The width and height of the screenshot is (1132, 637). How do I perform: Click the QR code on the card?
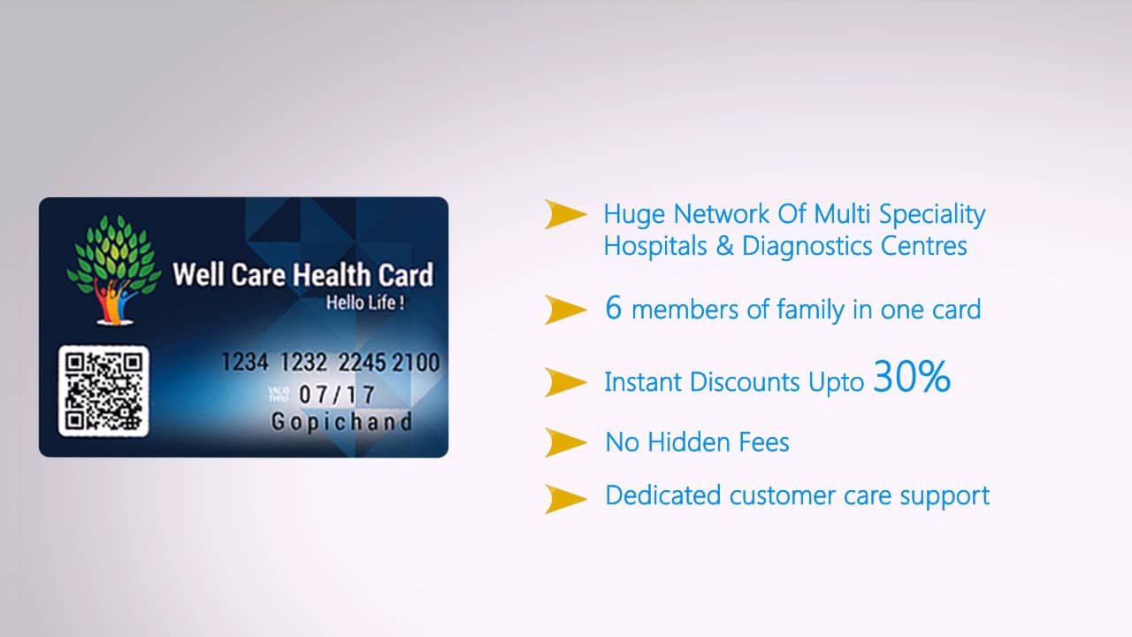tap(103, 391)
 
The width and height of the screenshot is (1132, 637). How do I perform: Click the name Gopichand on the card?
tap(341, 422)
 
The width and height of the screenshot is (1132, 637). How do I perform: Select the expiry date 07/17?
tap(337, 395)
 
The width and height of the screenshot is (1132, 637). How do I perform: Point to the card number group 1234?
tap(244, 363)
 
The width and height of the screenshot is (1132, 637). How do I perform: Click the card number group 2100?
tap(416, 363)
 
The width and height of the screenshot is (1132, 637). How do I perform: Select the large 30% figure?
tap(912, 378)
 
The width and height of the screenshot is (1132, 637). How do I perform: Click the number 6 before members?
tap(613, 309)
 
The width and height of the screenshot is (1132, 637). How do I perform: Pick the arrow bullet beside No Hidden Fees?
tap(565, 441)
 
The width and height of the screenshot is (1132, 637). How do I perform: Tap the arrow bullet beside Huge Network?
tap(565, 214)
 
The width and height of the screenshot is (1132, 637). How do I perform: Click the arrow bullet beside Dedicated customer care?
tap(565, 498)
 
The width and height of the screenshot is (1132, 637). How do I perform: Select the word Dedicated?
tap(662, 495)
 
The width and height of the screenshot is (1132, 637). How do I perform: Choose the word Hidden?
tap(698, 441)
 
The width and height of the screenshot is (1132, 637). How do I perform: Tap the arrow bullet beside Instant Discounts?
tap(565, 382)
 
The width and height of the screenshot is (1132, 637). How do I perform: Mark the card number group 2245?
tap(361, 363)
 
